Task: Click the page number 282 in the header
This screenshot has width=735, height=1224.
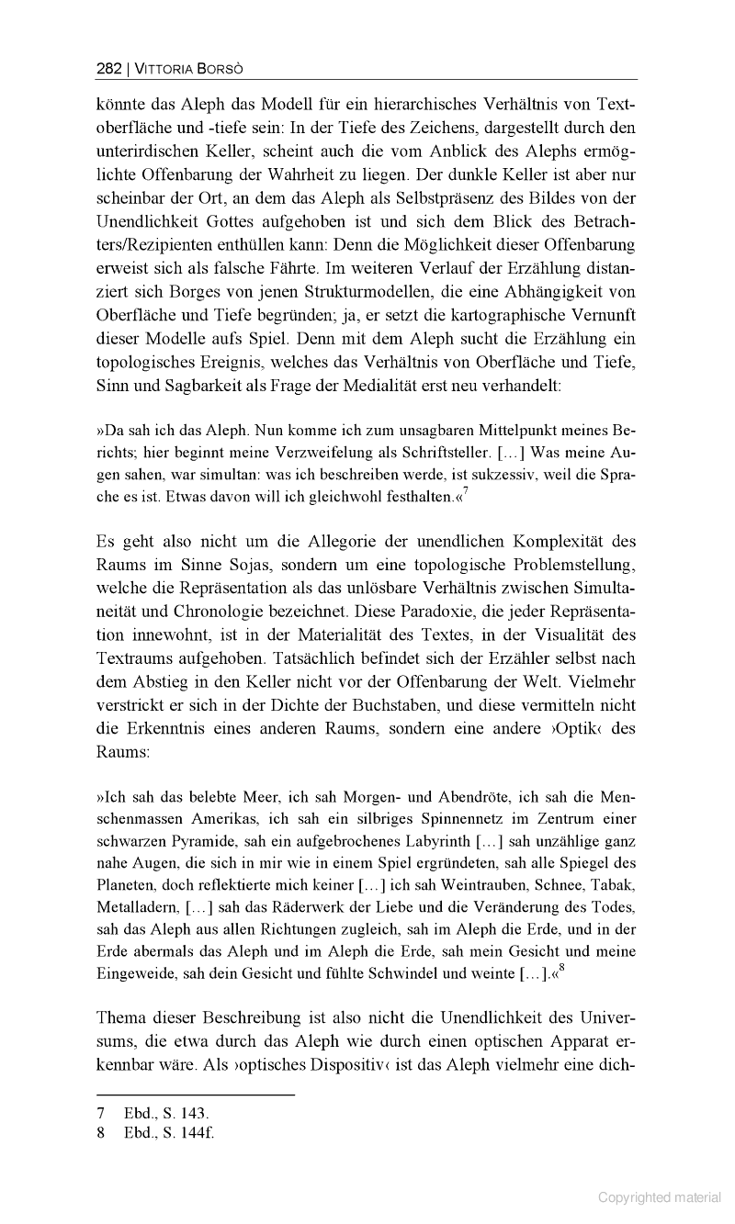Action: point(107,68)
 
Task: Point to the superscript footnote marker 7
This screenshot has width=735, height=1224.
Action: point(467,492)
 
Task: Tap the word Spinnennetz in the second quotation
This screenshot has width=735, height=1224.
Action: point(485,818)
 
